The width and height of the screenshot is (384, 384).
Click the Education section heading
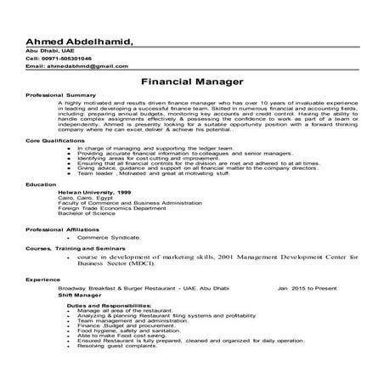tap(41, 183)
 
